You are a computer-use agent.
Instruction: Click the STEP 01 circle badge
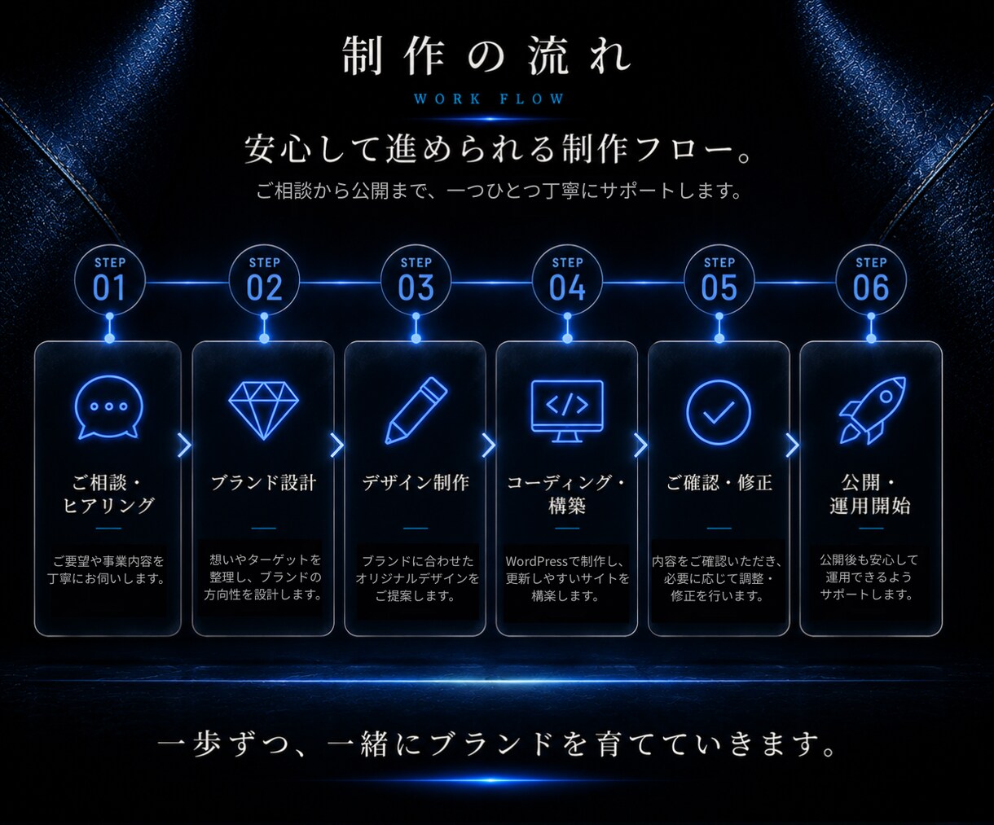coord(109,280)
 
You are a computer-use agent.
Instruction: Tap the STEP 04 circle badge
coord(567,280)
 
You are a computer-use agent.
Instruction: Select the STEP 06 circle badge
coord(871,280)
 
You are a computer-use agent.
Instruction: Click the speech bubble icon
coord(109,407)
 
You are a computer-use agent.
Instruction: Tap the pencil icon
coord(416,410)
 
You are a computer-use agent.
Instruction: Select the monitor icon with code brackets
coord(567,411)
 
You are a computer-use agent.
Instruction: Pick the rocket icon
coord(872,410)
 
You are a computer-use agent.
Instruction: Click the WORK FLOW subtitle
coord(490,99)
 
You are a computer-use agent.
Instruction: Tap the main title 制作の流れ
coord(486,56)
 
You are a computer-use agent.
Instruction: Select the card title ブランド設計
coord(263,482)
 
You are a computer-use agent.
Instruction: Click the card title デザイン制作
coord(416,482)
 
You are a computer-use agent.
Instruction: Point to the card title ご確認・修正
coord(719,482)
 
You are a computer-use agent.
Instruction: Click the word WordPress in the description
coord(536,561)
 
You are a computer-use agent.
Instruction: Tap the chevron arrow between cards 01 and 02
coord(184,445)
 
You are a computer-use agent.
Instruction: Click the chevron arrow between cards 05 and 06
coord(792,445)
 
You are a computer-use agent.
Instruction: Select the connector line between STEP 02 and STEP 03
coord(340,283)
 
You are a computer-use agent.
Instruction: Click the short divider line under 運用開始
coord(871,528)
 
